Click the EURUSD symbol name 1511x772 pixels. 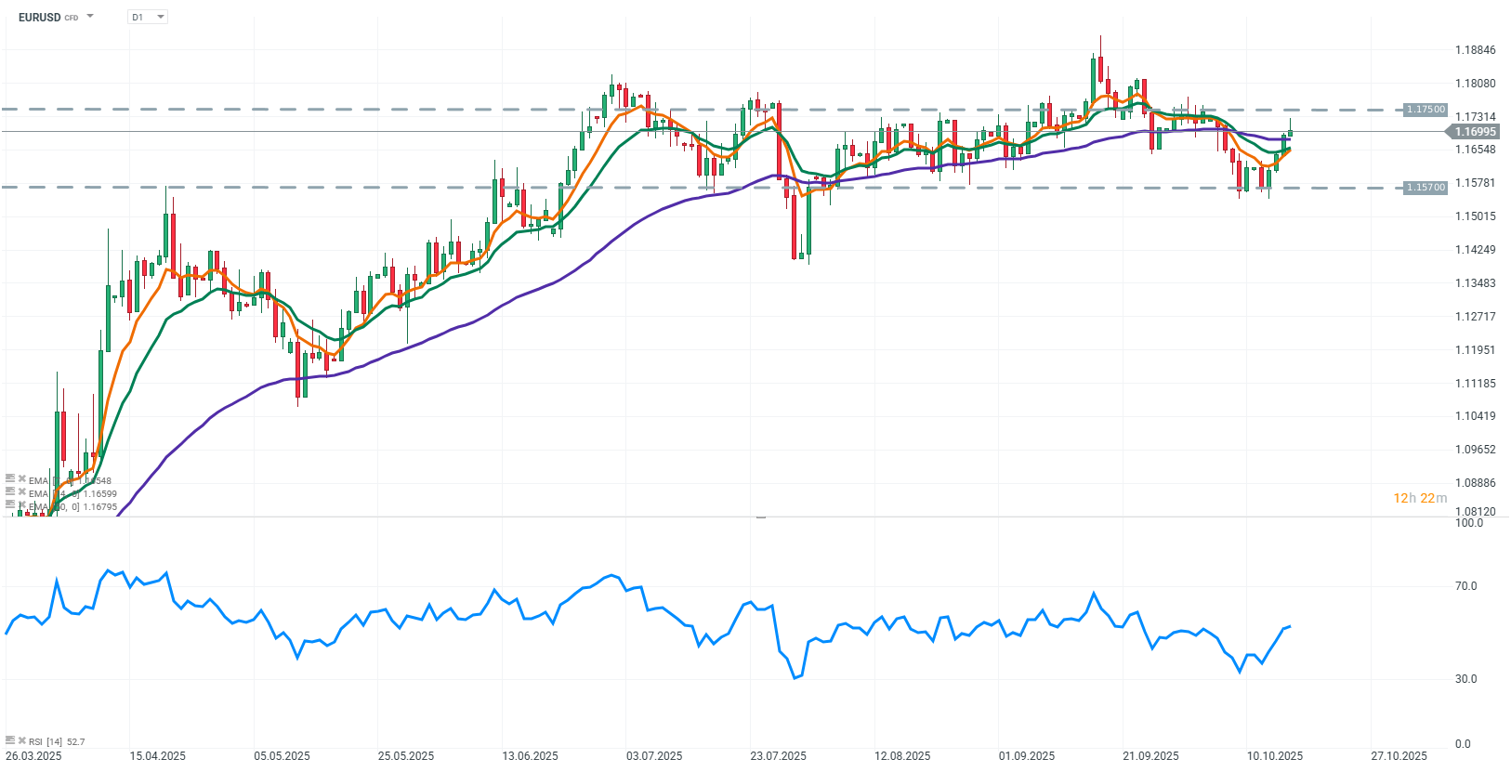39,18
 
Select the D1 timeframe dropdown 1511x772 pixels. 147,18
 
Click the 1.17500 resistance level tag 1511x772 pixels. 1426,110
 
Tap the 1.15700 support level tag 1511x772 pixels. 1426,188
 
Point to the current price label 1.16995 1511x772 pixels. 1475,132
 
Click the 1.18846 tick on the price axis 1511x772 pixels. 1475,50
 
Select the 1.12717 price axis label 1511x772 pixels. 1475,317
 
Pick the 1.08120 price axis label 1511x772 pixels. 1475,512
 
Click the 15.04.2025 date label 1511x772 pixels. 158,756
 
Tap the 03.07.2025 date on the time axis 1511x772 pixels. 654,756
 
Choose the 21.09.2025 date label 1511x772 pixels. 1150,756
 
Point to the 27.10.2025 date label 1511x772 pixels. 1399,756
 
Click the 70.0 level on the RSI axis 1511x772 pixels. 1465,586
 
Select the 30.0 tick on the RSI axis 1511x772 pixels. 1465,679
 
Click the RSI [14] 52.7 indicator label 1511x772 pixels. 56,742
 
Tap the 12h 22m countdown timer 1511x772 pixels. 1419,499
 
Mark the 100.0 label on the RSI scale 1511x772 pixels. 1468,523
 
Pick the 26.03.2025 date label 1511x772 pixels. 33,756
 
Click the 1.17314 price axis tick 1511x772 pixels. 1475,117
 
